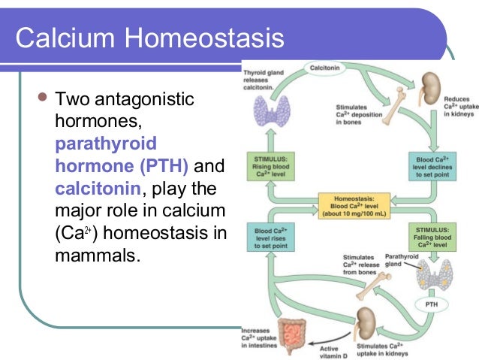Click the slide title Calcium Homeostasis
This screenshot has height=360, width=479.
coord(150,38)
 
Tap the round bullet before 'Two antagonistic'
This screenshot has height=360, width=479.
coord(42,98)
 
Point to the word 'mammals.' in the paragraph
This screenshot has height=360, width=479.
coord(98,255)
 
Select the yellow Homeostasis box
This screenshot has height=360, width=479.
coord(351,204)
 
